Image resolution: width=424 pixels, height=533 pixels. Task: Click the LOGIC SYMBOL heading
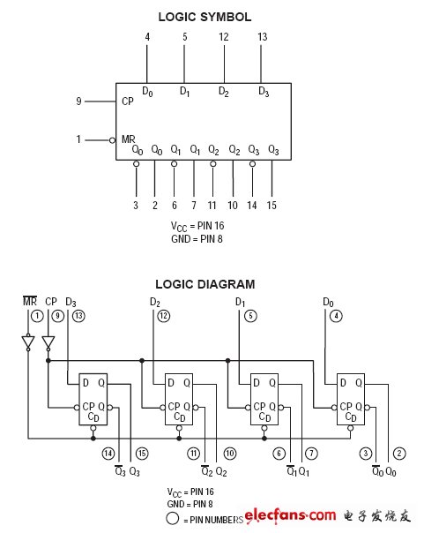coord(205,17)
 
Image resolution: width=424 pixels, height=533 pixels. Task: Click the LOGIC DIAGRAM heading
coord(205,284)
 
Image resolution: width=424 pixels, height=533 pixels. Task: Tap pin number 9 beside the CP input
coord(78,101)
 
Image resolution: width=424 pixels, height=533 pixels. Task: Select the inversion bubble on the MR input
coord(112,140)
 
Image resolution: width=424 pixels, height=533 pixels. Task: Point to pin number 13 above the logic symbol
coord(263,37)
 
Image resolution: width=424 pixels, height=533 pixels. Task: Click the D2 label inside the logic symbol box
coord(224,91)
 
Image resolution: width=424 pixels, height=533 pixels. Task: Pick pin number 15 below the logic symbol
coord(272,206)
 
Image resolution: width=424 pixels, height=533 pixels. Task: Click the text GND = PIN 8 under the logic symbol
coord(197,239)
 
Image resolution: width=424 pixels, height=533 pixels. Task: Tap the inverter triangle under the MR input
coord(28,342)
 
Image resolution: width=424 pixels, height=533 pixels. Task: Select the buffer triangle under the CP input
coord(48,342)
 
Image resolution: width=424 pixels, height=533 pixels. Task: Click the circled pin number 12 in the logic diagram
coord(164,316)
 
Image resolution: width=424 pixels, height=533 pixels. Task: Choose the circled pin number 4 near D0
coord(336,316)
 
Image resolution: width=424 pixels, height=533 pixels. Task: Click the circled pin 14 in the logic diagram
coord(108,453)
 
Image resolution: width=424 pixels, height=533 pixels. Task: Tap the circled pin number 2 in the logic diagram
coord(399,453)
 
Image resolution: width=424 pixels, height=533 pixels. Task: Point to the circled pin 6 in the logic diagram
coord(279,453)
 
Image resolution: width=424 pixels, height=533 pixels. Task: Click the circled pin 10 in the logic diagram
coord(230,453)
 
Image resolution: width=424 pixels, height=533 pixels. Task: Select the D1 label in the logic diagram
coord(240,302)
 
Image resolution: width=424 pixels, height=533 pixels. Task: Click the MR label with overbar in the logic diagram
coord(30,301)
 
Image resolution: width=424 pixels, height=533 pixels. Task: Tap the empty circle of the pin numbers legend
coord(173,519)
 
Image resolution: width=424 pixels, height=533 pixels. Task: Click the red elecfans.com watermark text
coord(290,515)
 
